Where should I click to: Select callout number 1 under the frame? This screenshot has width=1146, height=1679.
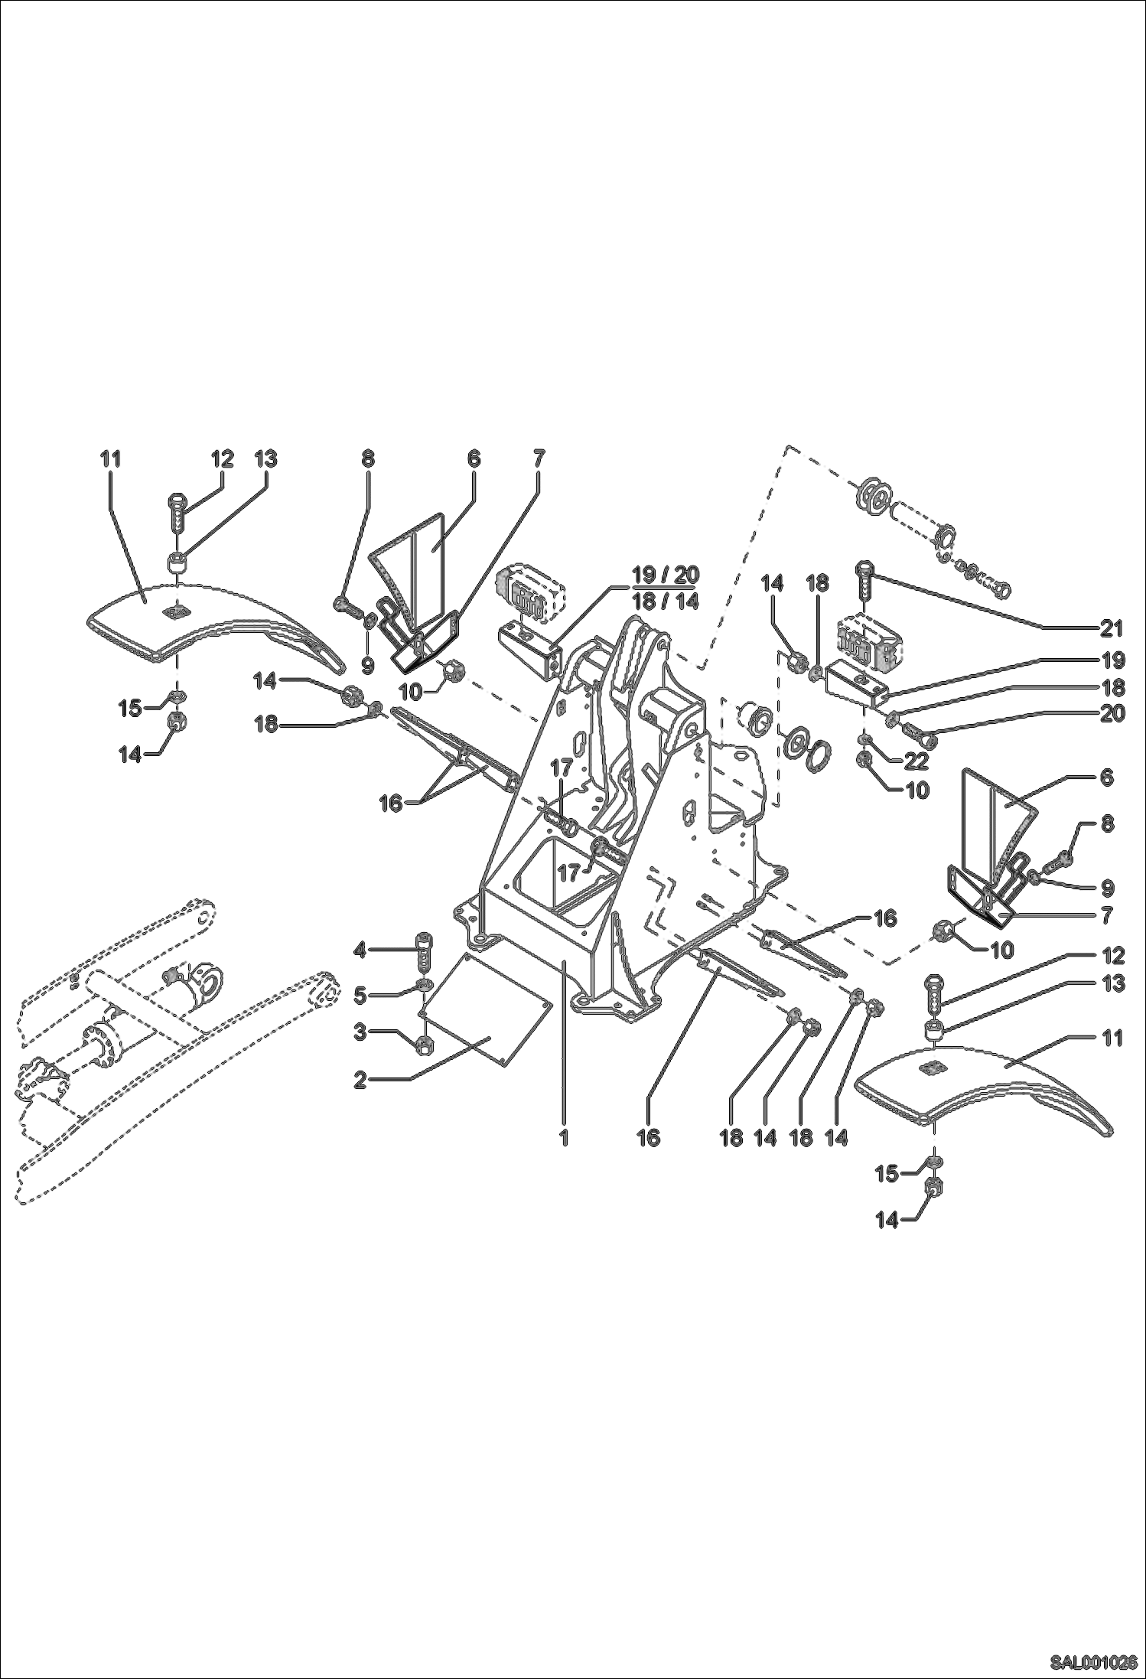(x=564, y=1137)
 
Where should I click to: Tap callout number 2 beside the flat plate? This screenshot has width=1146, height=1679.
(x=360, y=1080)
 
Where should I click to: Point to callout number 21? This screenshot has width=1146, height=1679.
(x=1111, y=629)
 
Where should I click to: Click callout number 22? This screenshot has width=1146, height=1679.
(x=916, y=761)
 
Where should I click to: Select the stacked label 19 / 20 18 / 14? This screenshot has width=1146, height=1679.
(x=665, y=588)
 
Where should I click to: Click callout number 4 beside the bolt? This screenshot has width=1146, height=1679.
(x=360, y=951)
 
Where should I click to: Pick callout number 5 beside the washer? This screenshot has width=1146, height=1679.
(x=360, y=996)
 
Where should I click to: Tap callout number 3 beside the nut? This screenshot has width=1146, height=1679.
(x=360, y=1032)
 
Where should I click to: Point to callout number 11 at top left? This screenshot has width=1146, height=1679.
(x=111, y=459)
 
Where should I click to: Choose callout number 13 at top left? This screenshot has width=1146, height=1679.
(x=266, y=459)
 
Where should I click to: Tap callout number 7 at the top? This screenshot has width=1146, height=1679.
(x=538, y=459)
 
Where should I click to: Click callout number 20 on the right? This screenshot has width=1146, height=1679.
(x=1111, y=713)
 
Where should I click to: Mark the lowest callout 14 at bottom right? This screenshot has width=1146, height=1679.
(x=887, y=1221)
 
